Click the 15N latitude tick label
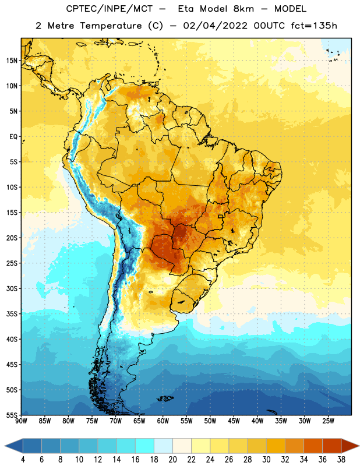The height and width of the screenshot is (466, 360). click(x=12, y=61)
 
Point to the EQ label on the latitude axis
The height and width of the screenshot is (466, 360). click(x=13, y=137)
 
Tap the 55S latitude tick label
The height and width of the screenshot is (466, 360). click(x=12, y=415)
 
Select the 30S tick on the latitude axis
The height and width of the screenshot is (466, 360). click(x=12, y=288)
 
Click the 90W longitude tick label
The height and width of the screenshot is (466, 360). click(x=21, y=421)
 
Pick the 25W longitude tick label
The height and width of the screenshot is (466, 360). click(x=328, y=421)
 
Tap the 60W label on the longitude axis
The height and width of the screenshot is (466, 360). click(x=163, y=421)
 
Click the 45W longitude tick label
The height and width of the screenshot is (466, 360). click(x=234, y=421)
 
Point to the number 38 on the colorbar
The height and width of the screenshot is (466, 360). click(x=341, y=460)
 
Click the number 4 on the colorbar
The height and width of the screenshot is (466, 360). click(x=23, y=460)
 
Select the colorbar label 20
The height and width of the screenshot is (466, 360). click(x=172, y=460)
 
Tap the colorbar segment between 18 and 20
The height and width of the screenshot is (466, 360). click(x=164, y=446)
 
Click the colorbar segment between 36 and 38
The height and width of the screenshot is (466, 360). click(x=332, y=446)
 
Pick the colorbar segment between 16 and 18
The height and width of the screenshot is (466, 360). click(x=145, y=446)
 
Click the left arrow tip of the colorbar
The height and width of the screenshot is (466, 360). click(x=5, y=446)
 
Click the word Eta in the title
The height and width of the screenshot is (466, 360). click(x=186, y=9)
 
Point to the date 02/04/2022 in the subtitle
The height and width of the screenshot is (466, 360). click(x=215, y=26)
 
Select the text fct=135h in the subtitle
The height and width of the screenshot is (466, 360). click(x=314, y=26)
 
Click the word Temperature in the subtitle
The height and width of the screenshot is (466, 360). click(x=111, y=26)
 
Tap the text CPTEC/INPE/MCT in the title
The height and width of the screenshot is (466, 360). click(x=110, y=9)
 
